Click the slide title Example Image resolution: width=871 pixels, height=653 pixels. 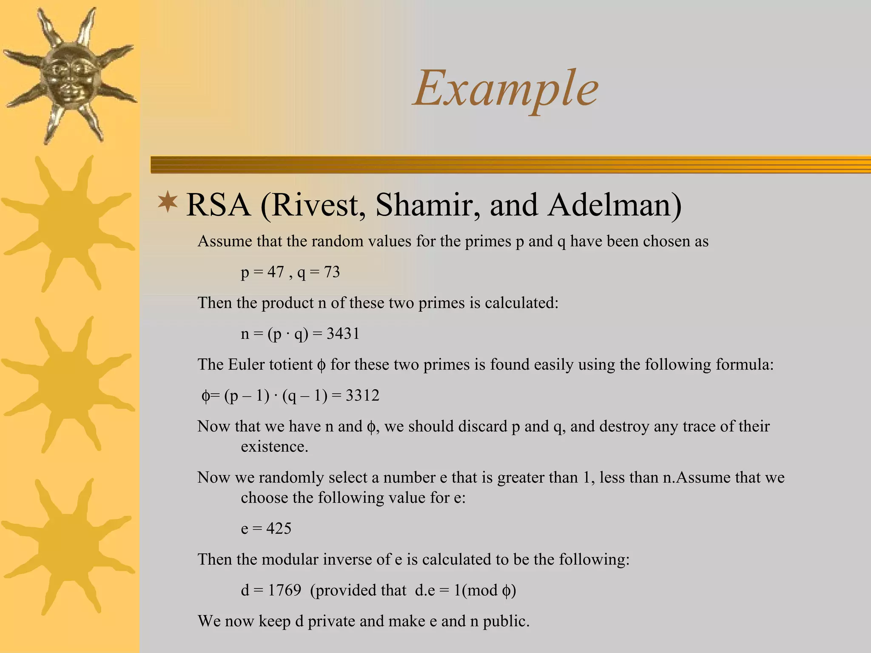click(506, 89)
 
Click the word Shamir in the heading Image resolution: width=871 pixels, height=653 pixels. click(428, 205)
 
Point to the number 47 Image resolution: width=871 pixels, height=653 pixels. click(276, 272)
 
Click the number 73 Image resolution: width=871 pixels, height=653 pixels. click(332, 272)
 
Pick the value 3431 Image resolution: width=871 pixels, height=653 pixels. click(343, 334)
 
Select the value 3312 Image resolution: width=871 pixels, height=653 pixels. click(362, 395)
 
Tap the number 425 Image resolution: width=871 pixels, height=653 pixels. click(279, 528)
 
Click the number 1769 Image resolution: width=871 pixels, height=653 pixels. click(285, 590)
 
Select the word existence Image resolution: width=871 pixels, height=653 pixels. click(274, 446)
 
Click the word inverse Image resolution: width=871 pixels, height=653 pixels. click(347, 559)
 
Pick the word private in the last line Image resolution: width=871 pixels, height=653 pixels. click(331, 621)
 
